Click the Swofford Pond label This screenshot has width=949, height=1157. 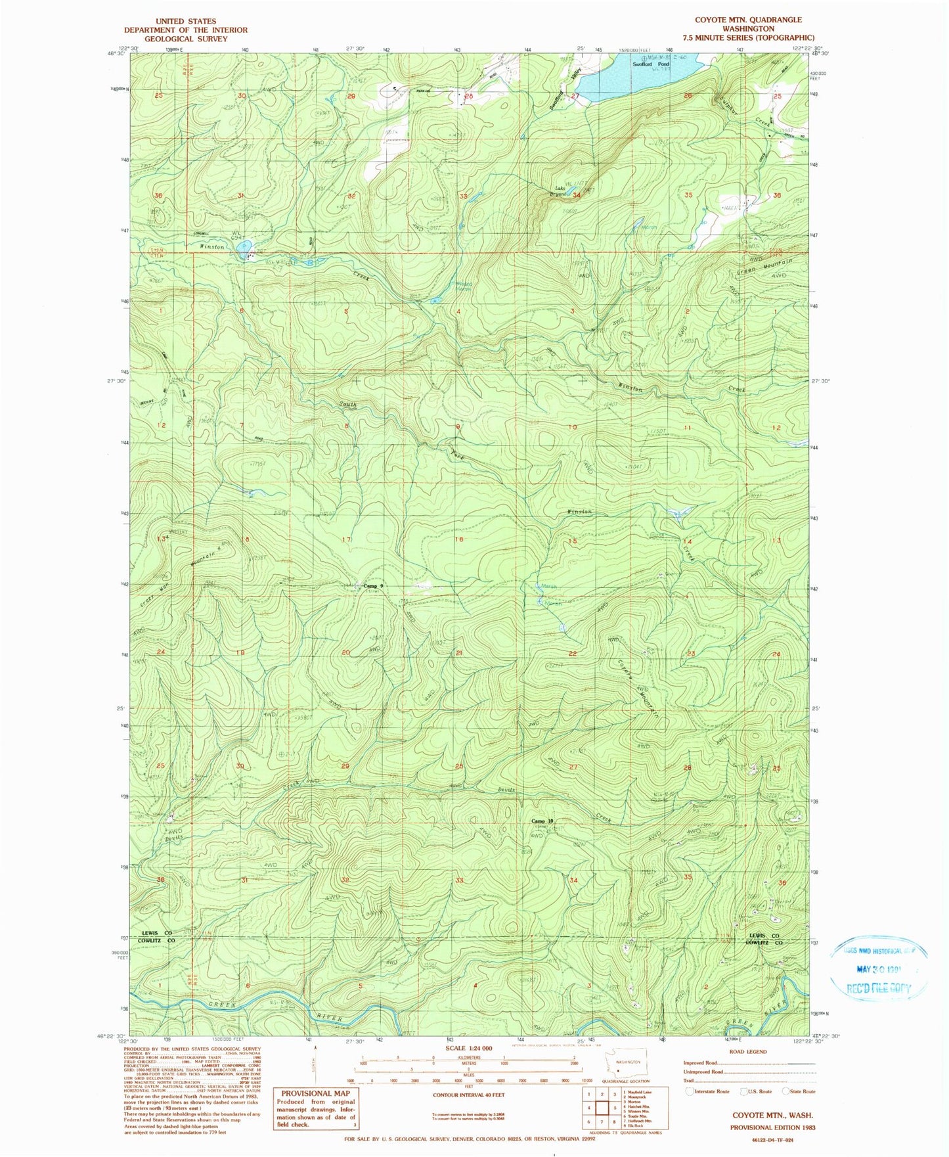(x=650, y=64)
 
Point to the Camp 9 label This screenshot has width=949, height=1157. (x=372, y=585)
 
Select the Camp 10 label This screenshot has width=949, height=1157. (x=542, y=821)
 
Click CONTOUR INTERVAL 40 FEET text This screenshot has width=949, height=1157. (x=469, y=1095)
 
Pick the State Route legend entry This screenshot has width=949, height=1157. (x=799, y=1091)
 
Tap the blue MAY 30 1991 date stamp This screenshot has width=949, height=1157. (x=879, y=968)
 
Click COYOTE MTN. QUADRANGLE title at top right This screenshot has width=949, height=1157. (x=748, y=20)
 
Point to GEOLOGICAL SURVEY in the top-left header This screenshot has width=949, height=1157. (x=186, y=39)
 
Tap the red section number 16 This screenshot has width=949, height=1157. (x=459, y=539)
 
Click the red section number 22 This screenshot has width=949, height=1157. (x=573, y=653)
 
